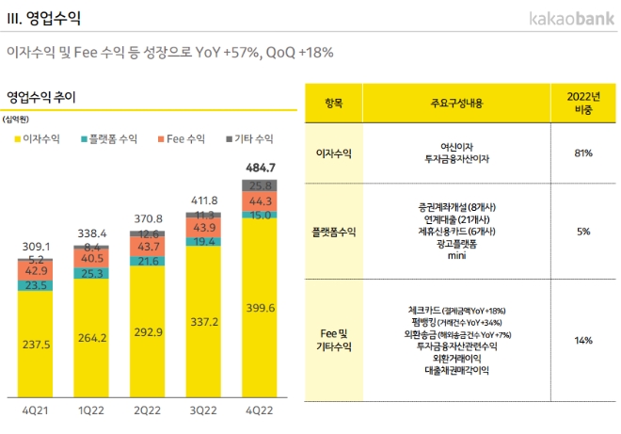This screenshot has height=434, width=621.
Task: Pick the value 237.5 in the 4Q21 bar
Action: pyautogui.click(x=35, y=344)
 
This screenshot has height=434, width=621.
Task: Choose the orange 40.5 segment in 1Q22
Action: pyautogui.click(x=90, y=257)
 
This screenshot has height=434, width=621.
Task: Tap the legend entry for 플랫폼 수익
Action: pyautogui.click(x=107, y=138)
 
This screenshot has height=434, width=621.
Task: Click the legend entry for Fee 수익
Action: pyautogui.click(x=179, y=138)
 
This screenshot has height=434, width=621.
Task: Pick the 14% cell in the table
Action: pyautogui.click(x=581, y=340)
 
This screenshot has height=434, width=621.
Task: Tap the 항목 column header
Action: pyautogui.click(x=333, y=102)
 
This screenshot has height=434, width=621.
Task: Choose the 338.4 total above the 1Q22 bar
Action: pyautogui.click(x=90, y=233)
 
